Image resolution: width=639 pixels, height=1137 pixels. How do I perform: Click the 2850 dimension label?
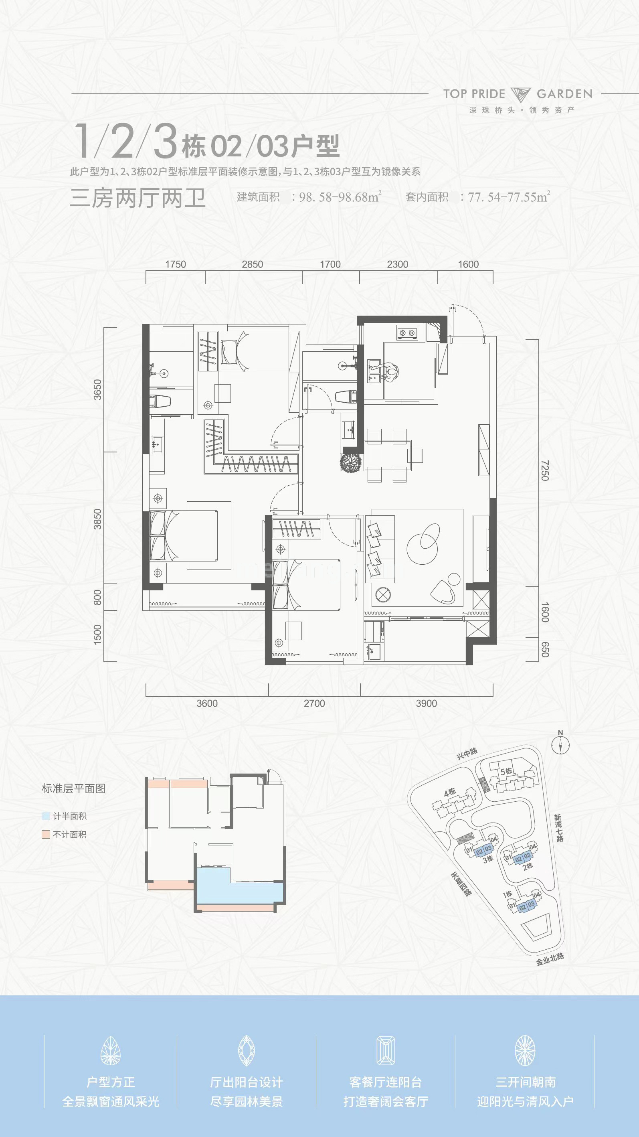point(253,264)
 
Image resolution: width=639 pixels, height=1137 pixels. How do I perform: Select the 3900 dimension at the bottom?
point(426,703)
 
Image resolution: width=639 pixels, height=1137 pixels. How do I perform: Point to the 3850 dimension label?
point(97,519)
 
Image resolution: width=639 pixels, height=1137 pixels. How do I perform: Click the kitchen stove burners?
point(407,333)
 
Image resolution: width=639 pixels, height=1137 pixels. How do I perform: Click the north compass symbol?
point(560,745)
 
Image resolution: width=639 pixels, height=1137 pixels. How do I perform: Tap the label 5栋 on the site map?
point(506,772)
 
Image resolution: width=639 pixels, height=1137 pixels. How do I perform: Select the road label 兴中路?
point(467,754)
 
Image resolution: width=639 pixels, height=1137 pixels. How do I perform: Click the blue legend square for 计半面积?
point(46,816)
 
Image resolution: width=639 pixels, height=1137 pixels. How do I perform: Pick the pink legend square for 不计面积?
point(46,834)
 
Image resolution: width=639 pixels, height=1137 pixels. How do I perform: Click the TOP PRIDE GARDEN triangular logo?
point(521,94)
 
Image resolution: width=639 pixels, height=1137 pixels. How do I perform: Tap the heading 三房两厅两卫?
point(138,198)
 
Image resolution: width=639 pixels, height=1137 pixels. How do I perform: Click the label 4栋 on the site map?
point(450,792)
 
